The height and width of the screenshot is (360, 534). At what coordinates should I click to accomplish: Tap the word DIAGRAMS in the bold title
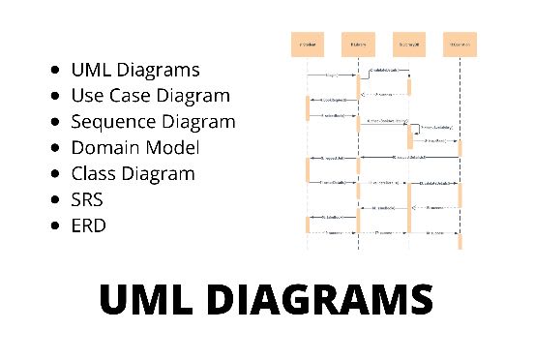click(323, 299)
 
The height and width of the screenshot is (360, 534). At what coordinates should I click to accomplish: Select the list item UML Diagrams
click(135, 70)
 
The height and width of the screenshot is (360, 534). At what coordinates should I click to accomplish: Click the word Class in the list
click(94, 173)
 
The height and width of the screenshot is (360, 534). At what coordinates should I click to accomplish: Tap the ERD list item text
click(89, 225)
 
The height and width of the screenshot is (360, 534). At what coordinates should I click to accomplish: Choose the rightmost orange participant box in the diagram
click(460, 45)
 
